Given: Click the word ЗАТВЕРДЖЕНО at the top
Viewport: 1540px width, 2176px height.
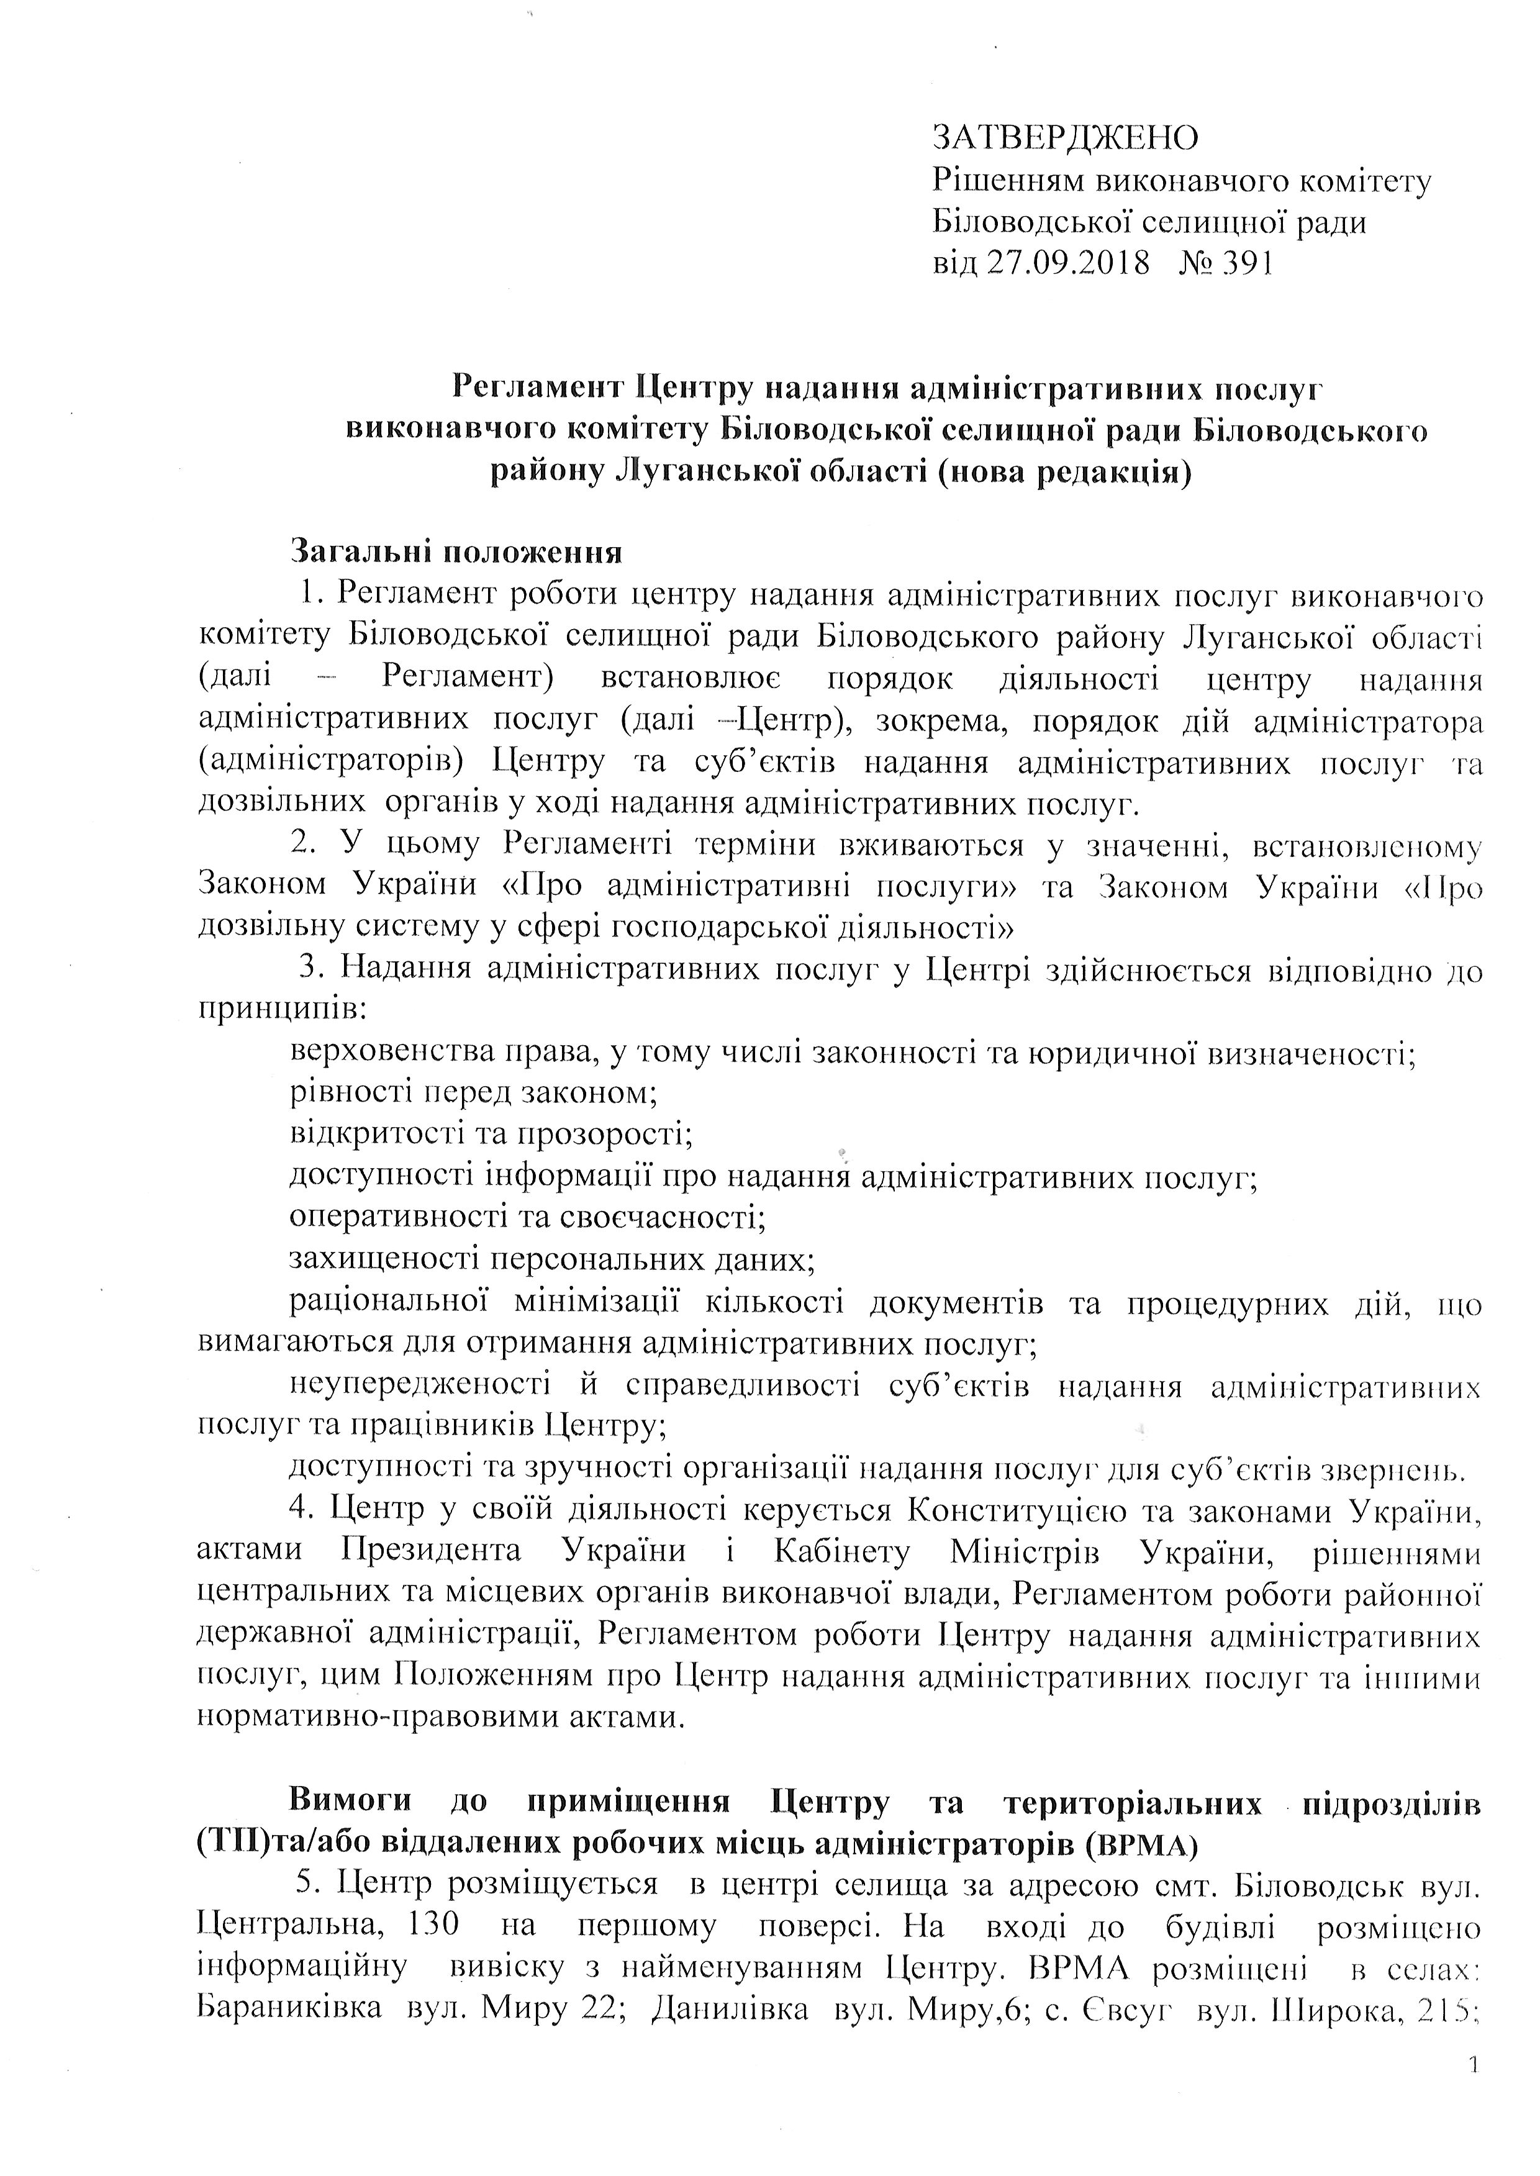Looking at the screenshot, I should click(1066, 138).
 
